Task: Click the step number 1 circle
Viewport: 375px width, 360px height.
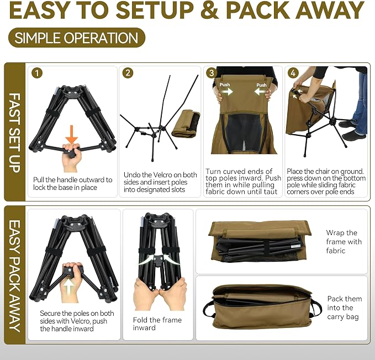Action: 37,73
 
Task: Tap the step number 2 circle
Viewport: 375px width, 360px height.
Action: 128,73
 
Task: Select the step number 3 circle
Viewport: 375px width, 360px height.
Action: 212,73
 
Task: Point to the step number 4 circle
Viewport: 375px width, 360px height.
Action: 293,73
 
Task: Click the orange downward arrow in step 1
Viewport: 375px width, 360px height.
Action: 72,135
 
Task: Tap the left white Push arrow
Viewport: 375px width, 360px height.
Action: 226,92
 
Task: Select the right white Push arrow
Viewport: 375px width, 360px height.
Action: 261,92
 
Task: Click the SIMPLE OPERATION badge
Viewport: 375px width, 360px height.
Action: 77,38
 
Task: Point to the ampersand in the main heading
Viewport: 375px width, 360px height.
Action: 210,10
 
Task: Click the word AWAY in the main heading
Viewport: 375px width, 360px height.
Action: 331,10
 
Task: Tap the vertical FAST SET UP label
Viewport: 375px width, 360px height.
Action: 15,133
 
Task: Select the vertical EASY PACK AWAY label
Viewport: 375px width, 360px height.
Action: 15,276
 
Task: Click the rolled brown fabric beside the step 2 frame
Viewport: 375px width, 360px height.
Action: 186,124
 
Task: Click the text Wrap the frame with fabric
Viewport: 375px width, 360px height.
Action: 344,242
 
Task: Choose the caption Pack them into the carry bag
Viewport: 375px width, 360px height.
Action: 345,308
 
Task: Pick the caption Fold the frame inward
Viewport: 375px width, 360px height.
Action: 157,324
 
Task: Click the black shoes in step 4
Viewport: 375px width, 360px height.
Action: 353,131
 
